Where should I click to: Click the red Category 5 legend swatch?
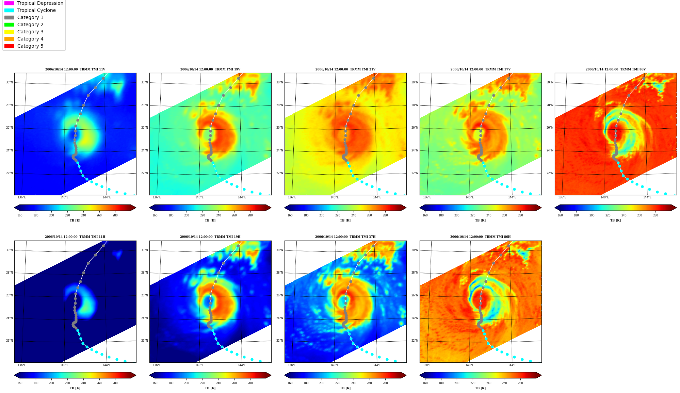9,46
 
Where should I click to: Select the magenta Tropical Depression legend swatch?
9,3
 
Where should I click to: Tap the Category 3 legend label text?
30,32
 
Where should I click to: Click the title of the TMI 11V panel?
75,69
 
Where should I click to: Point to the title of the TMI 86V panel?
615,69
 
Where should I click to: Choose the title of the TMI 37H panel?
345,237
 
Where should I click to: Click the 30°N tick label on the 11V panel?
9,82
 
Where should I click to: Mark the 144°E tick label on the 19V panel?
242,197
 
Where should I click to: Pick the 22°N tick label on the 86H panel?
415,341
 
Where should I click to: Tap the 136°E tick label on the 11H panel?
22,365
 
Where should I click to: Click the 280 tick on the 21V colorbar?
385,215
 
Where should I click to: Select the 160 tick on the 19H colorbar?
155,383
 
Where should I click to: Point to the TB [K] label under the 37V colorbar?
480,220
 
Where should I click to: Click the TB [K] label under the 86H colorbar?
480,388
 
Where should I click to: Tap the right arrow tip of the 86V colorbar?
676,208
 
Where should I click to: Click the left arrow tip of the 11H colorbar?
15,375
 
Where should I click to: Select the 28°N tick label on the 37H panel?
279,273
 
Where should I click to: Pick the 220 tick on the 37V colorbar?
473,215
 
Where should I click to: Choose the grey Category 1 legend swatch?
9,17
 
